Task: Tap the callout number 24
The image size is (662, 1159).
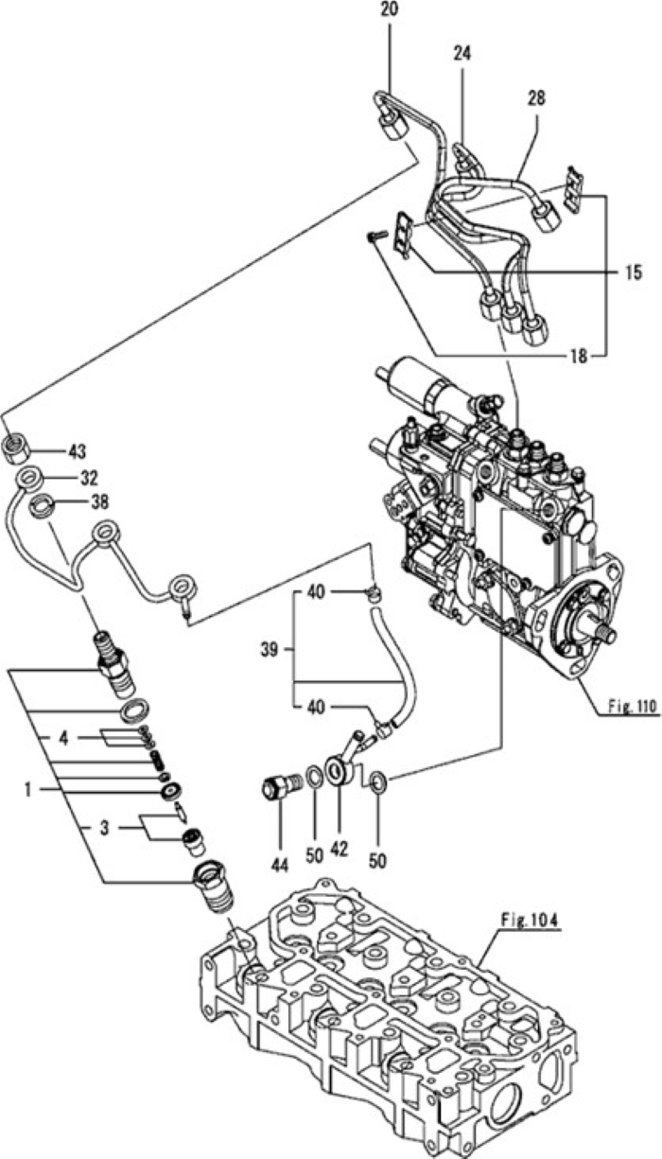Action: (x=462, y=55)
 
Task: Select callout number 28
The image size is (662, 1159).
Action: (x=536, y=97)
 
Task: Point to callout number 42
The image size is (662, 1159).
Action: (x=340, y=848)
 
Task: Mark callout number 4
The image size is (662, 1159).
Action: (x=63, y=735)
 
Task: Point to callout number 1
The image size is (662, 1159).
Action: (x=30, y=784)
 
